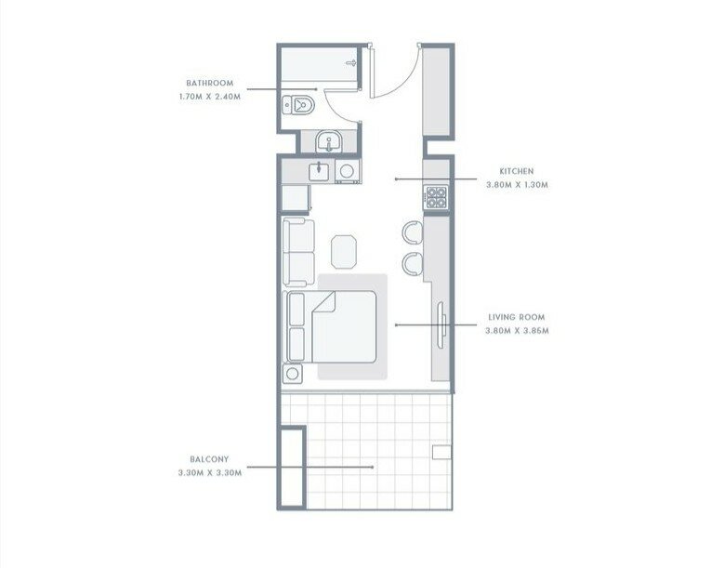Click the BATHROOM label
point(210,83)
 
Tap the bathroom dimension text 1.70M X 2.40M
point(210,97)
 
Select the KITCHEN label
point(517,171)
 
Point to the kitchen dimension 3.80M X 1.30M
point(517,185)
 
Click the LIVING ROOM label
point(517,317)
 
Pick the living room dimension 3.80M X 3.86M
point(517,331)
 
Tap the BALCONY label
point(209,459)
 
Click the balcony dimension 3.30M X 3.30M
point(210,473)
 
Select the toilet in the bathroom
point(297,105)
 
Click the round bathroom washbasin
point(328,141)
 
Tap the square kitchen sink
point(319,171)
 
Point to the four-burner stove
point(436,197)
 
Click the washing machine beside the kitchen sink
point(348,172)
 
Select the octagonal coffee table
point(344,252)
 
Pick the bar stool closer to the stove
point(413,231)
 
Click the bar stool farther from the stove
point(413,263)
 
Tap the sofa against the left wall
point(298,252)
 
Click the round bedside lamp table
point(292,374)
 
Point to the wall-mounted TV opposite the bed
point(442,325)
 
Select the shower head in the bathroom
point(352,62)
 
